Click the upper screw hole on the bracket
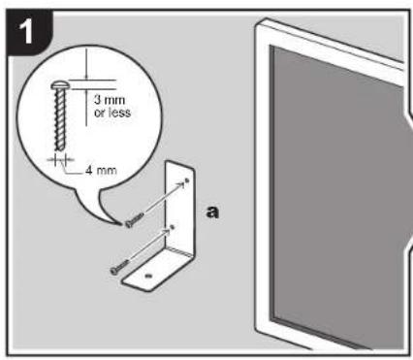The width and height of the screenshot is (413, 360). coord(186,181)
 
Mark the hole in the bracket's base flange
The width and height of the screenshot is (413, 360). coord(147,278)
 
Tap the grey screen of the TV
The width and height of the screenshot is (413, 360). coord(330,184)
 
